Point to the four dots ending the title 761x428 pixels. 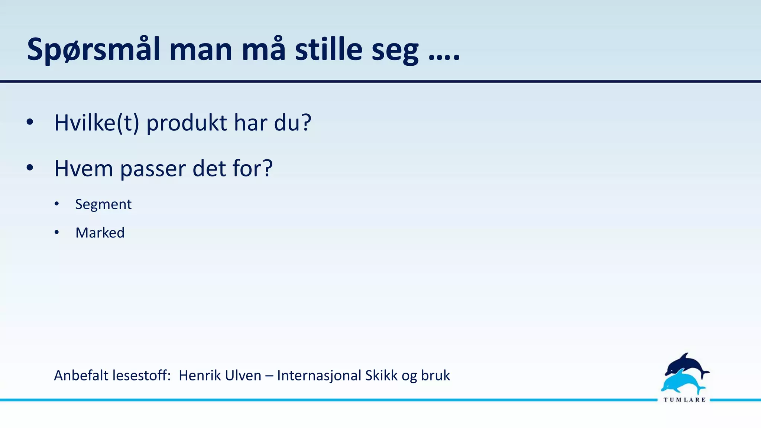click(444, 58)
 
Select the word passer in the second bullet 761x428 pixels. click(153, 169)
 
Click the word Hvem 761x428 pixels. click(84, 168)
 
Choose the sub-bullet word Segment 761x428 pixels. click(103, 205)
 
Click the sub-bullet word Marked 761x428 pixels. click(100, 233)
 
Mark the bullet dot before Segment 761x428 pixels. click(56, 204)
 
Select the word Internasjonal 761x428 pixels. click(319, 376)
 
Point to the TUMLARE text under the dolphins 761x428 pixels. click(684, 400)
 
